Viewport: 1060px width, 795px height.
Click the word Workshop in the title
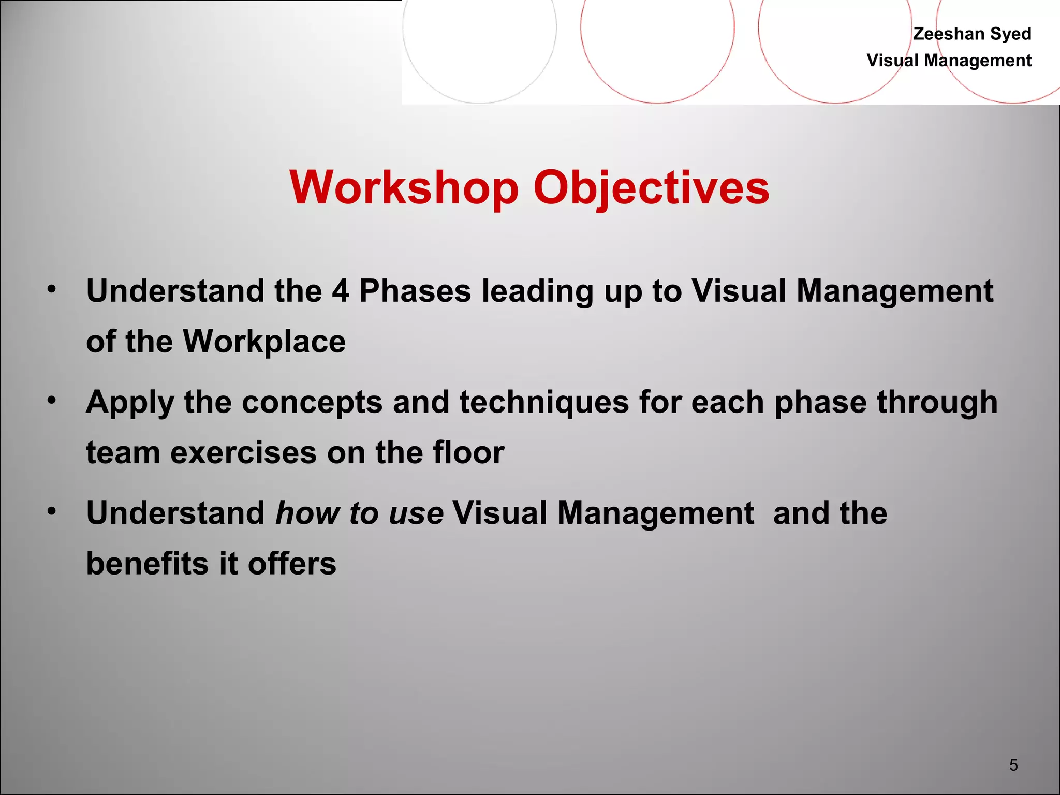[404, 187]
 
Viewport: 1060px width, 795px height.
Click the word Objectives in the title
[651, 187]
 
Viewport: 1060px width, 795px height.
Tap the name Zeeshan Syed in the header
[971, 34]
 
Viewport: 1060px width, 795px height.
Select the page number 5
[1013, 764]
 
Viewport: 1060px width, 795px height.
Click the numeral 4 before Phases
[340, 290]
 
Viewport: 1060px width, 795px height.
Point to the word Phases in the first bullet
[415, 290]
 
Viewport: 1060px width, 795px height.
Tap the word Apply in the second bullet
[130, 402]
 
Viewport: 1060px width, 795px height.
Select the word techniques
[543, 402]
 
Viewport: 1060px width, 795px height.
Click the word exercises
[243, 452]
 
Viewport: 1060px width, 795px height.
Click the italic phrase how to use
[359, 513]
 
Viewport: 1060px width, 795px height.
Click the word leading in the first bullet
[537, 290]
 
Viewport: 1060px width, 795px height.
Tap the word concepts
[312, 402]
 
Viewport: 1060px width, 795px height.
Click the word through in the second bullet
[937, 402]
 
